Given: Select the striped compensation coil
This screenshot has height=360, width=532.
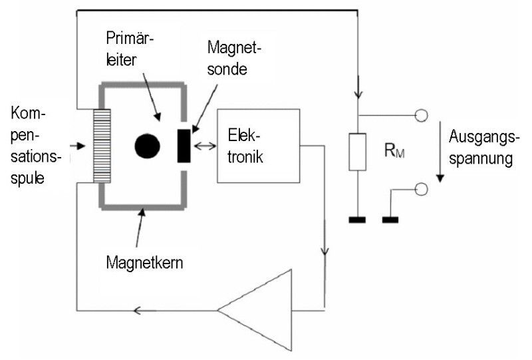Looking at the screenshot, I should pyautogui.click(x=102, y=146).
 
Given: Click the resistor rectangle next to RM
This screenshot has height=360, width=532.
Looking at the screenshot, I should pyautogui.click(x=358, y=152).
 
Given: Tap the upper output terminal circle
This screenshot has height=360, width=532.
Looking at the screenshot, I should pyautogui.click(x=420, y=116).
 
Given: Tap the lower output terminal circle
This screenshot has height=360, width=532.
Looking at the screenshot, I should pyautogui.click(x=420, y=190).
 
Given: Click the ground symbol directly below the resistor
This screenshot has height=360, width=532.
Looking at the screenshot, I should pyautogui.click(x=358, y=219).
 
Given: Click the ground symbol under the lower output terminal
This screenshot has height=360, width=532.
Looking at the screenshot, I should pyautogui.click(x=390, y=219).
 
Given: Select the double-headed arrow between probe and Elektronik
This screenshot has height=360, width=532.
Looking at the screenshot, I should pyautogui.click(x=205, y=146).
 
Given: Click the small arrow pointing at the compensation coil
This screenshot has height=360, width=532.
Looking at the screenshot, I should pyautogui.click(x=80, y=144).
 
